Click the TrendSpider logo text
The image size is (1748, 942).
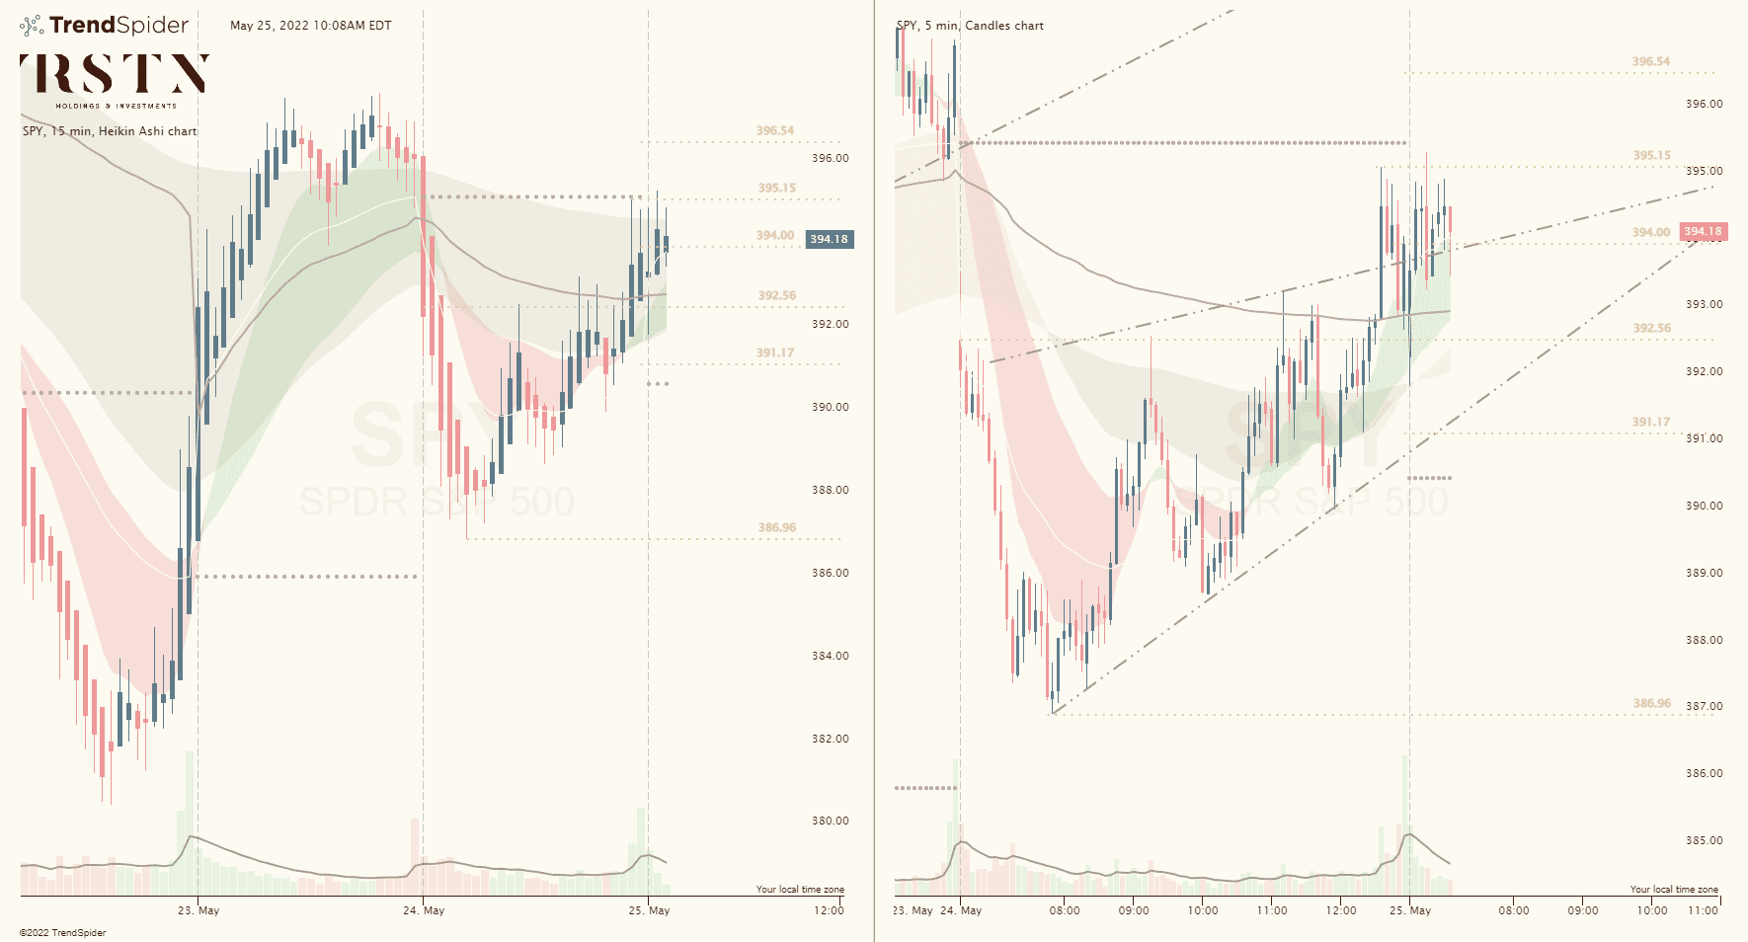click(x=119, y=26)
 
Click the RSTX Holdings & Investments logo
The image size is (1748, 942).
click(x=115, y=79)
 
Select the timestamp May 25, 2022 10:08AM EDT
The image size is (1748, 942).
click(x=310, y=26)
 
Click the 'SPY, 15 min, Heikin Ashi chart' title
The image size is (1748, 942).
click(x=110, y=131)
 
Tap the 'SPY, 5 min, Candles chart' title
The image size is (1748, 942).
click(x=970, y=26)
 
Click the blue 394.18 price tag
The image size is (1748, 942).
click(x=829, y=239)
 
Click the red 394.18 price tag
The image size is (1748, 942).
click(x=1703, y=232)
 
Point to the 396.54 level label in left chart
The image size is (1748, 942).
click(x=775, y=130)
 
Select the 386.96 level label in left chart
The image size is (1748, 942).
click(x=776, y=527)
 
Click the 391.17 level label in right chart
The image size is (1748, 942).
click(x=1651, y=422)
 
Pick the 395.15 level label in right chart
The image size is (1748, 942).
click(x=1651, y=155)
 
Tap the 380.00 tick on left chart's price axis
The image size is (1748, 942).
click(x=830, y=821)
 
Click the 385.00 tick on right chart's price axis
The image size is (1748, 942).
click(x=1704, y=840)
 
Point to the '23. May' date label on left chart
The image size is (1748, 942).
click(x=199, y=910)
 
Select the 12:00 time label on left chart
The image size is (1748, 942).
click(x=829, y=910)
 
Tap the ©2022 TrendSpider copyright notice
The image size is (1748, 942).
click(x=62, y=933)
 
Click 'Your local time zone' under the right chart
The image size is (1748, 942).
click(x=1674, y=890)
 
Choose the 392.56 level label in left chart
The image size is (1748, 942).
click(x=776, y=295)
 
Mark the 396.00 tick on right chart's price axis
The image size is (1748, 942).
click(x=1704, y=104)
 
